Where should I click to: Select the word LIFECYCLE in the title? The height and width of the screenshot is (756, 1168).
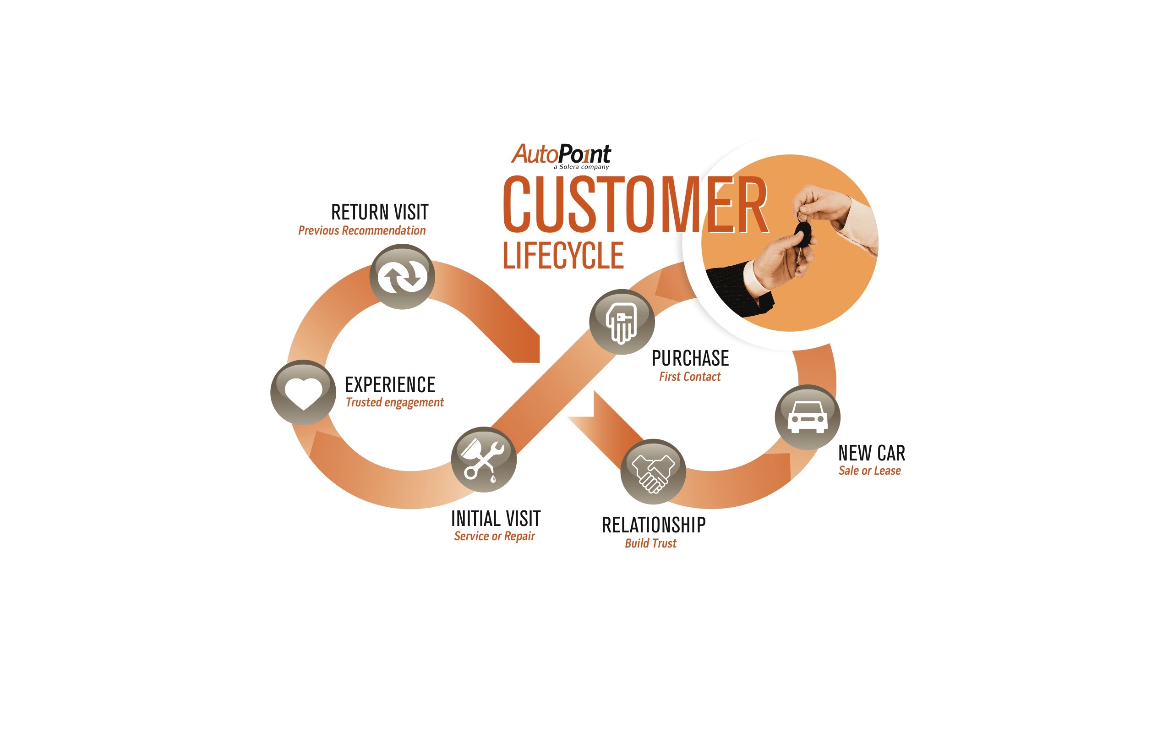pyautogui.click(x=563, y=255)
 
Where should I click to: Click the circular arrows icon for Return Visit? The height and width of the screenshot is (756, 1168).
pyautogui.click(x=402, y=276)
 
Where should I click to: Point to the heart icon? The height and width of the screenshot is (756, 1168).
pyautogui.click(x=303, y=393)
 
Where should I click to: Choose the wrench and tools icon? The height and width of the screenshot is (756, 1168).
pyautogui.click(x=484, y=460)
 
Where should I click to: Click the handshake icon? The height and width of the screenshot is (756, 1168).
pyautogui.click(x=653, y=472)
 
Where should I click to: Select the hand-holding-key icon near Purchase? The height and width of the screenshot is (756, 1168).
pyautogui.click(x=622, y=322)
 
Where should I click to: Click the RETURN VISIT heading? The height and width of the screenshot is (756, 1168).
pyautogui.click(x=380, y=213)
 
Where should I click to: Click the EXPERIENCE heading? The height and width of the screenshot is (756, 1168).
pyautogui.click(x=390, y=385)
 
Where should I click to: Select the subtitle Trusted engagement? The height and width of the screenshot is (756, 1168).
pyautogui.click(x=394, y=403)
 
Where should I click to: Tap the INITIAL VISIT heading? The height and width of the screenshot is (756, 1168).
pyautogui.click(x=496, y=519)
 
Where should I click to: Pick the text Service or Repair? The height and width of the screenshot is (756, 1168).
pyautogui.click(x=494, y=536)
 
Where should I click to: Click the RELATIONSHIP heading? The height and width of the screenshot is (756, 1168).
pyautogui.click(x=654, y=525)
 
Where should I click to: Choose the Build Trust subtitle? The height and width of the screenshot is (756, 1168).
pyautogui.click(x=650, y=543)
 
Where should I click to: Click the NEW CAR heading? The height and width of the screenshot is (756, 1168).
pyautogui.click(x=872, y=453)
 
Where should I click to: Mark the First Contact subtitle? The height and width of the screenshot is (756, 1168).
pyautogui.click(x=689, y=377)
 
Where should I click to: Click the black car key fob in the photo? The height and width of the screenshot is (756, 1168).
pyautogui.click(x=802, y=235)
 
